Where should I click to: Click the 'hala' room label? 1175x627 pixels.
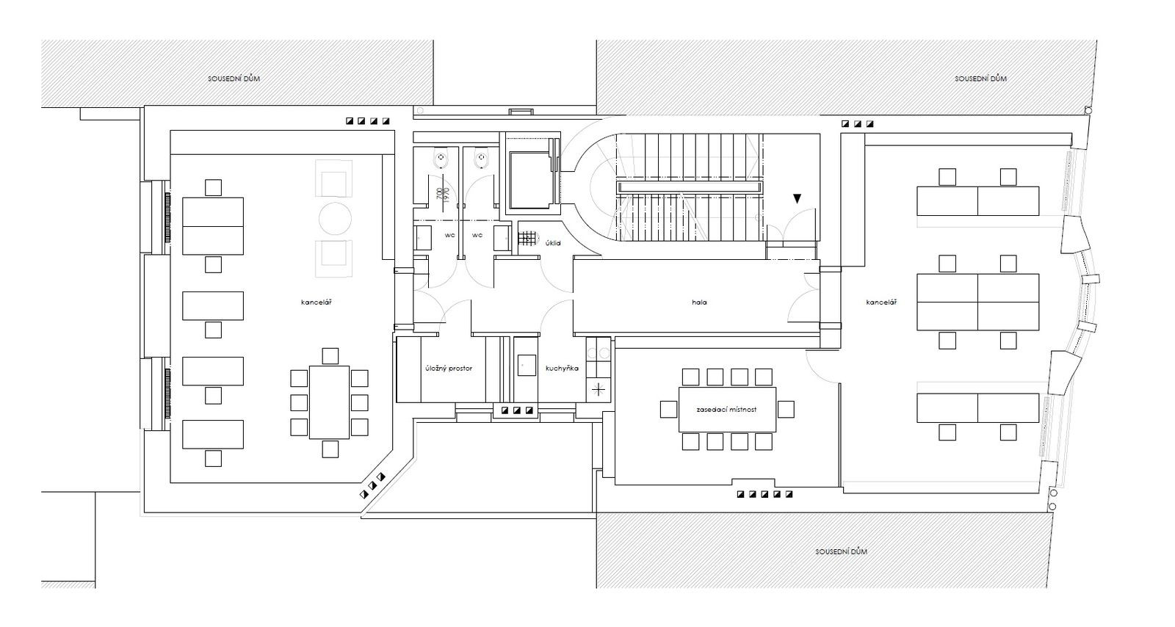pos(699,302)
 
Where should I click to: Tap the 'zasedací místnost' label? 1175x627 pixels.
pos(726,410)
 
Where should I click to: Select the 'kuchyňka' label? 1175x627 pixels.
pos(562,369)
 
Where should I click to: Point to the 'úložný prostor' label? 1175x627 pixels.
pos(449,369)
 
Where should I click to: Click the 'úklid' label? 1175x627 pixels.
pos(554,243)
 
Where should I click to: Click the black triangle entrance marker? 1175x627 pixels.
pos(797,199)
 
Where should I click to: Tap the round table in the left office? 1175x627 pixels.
pos(335,219)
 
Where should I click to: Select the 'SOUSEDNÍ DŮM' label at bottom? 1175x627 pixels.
pos(842,551)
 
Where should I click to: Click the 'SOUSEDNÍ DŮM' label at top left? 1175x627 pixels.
pos(234,79)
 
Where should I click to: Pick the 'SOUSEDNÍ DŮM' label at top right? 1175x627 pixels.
pos(980,79)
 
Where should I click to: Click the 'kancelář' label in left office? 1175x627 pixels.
pos(317,302)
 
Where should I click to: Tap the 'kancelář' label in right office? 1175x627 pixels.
pos(881,302)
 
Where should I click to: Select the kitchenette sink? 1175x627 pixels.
pos(527,366)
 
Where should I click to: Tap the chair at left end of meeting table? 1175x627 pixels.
pos(668,409)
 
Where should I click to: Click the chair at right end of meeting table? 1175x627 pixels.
pos(786,409)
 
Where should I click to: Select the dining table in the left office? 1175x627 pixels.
pos(330,402)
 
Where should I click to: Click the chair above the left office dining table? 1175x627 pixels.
pos(330,356)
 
